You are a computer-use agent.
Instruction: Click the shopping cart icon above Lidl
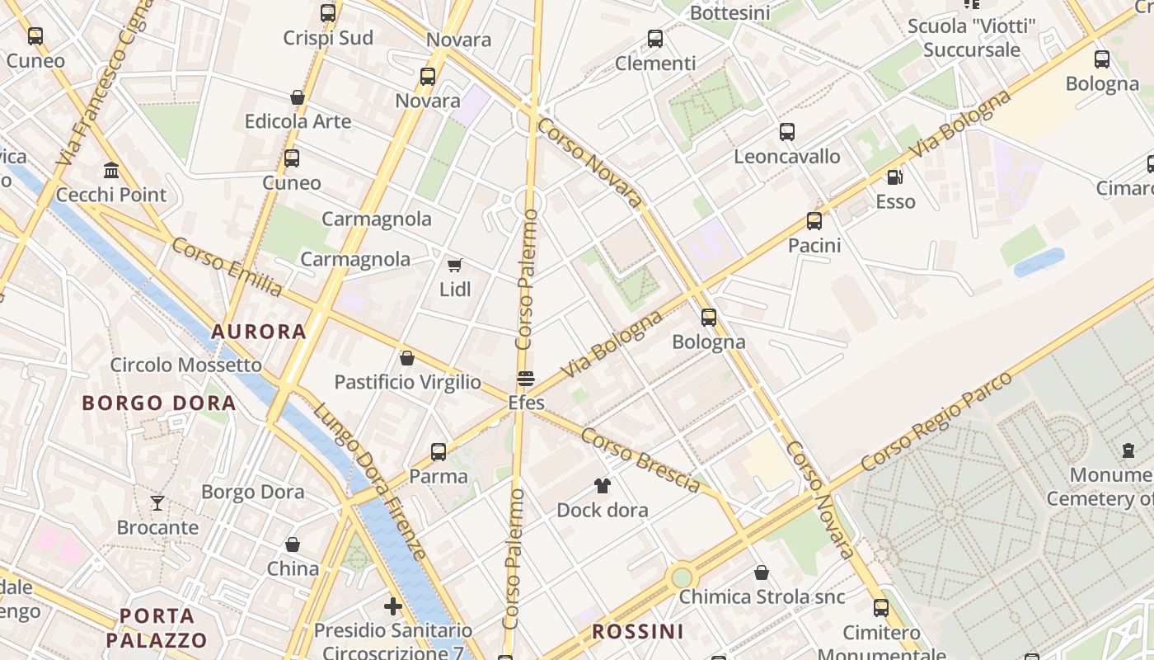click(454, 266)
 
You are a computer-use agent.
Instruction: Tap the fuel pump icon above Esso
click(894, 177)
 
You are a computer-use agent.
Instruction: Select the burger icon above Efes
click(526, 379)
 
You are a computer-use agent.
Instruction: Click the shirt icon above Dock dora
click(603, 486)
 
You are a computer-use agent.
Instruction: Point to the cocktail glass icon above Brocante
click(157, 502)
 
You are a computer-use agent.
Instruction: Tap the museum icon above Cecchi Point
click(110, 170)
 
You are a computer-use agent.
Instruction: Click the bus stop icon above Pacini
click(814, 221)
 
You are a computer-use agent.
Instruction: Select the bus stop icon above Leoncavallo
click(787, 132)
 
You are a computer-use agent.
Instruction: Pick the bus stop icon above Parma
click(439, 452)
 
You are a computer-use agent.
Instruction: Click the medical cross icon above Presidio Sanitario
click(393, 607)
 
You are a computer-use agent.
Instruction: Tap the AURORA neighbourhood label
click(259, 332)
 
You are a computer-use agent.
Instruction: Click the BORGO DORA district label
click(159, 403)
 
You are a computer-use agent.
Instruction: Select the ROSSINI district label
click(638, 632)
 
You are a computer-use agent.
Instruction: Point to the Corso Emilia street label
click(227, 266)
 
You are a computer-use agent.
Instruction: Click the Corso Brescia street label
click(640, 460)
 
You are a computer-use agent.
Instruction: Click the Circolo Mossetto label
click(186, 365)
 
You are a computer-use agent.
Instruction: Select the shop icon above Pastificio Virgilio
click(406, 358)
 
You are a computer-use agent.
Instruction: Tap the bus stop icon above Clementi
click(655, 39)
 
